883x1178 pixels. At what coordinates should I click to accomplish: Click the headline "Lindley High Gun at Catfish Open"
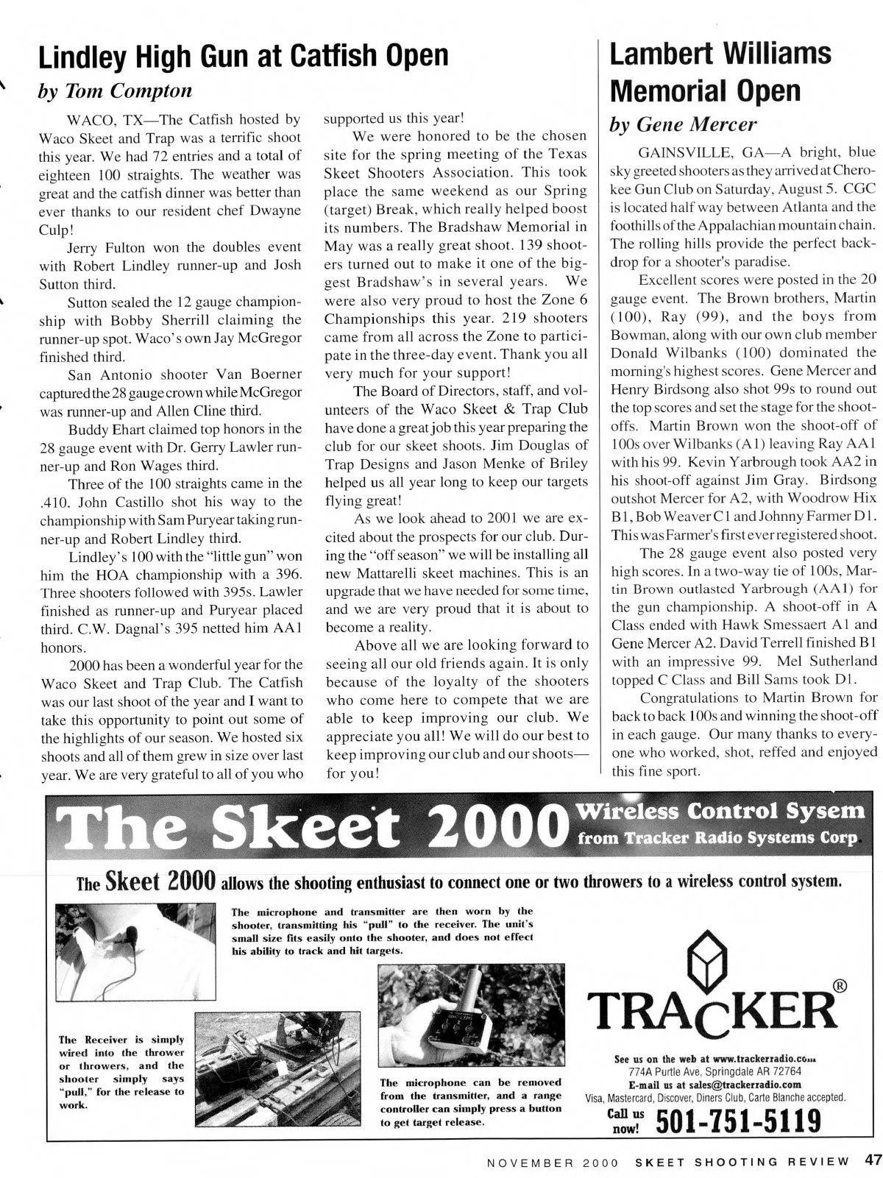(243, 56)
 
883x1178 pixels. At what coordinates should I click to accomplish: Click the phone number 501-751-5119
(737, 1122)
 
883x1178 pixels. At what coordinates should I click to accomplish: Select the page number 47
(873, 1161)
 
